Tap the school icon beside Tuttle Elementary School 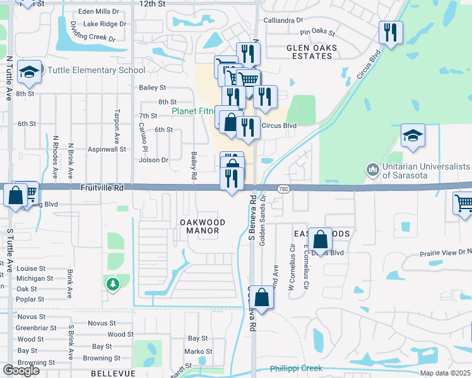click(x=29, y=73)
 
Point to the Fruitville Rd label click(x=102, y=187)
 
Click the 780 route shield click(x=283, y=188)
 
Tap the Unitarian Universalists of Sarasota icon click(x=372, y=169)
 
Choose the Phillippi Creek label click(x=295, y=368)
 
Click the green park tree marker click(x=112, y=285)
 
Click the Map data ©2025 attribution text click(x=445, y=373)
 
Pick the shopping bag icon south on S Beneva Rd click(x=263, y=297)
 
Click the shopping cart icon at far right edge click(x=464, y=203)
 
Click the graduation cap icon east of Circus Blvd click(x=413, y=135)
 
